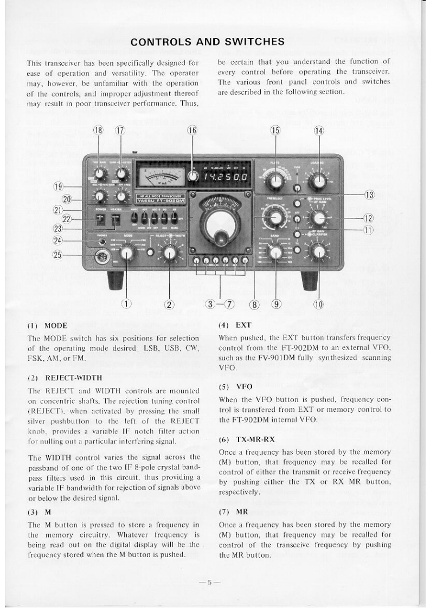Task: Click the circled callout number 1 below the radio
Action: coord(126,304)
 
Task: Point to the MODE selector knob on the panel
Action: coord(127,253)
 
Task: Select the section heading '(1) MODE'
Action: coord(47,326)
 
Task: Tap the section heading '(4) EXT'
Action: coord(232,326)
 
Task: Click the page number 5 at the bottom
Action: coord(209,583)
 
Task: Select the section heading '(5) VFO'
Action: coord(233,387)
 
